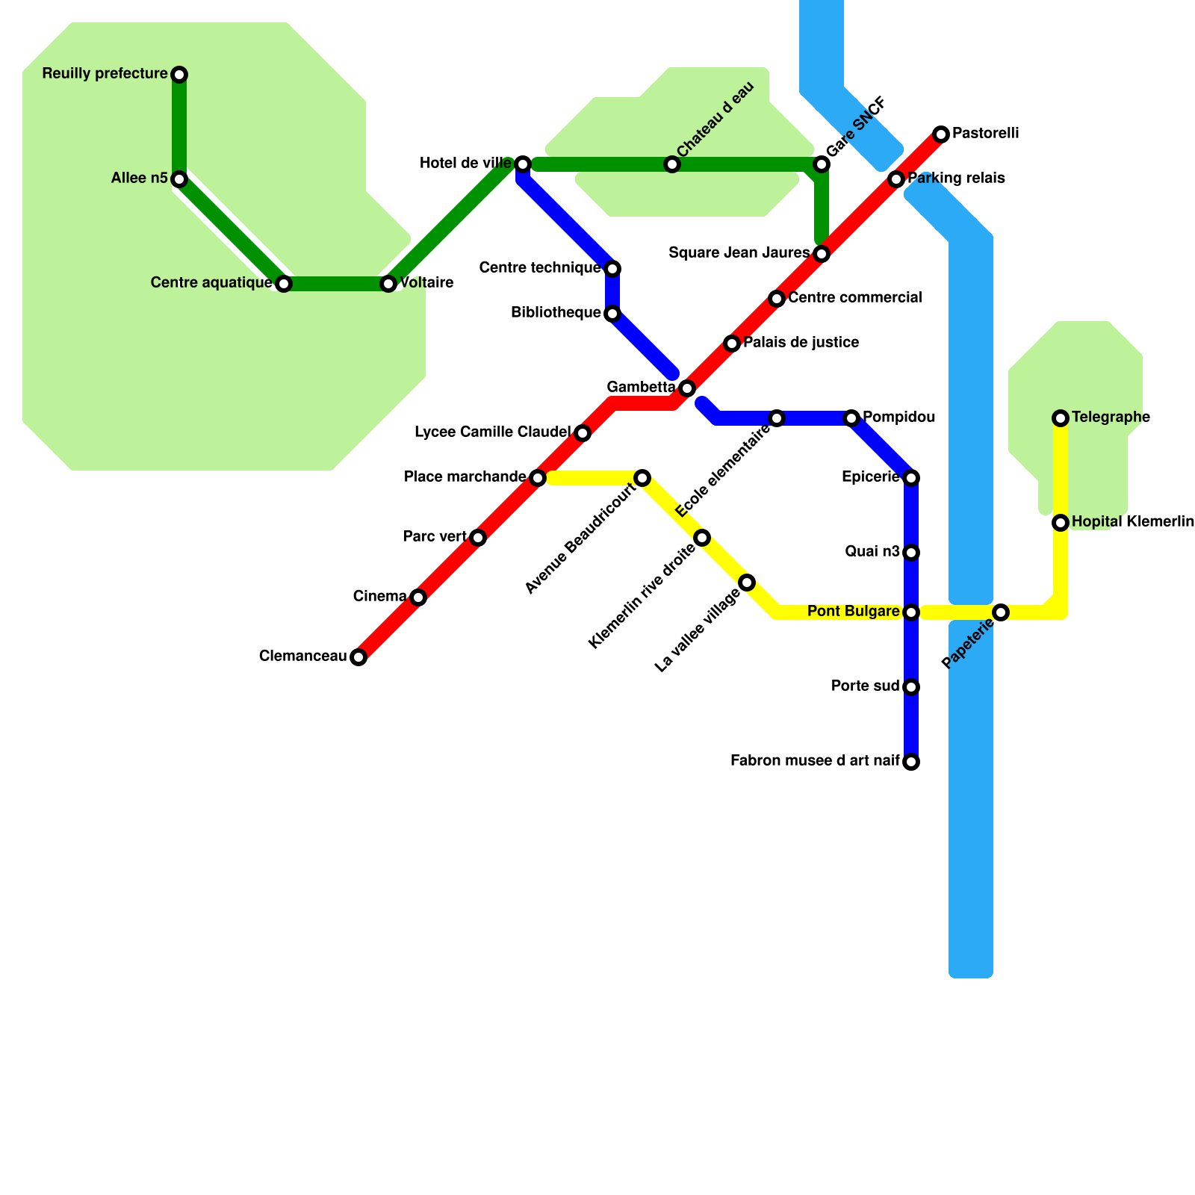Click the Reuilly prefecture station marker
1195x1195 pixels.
tap(179, 75)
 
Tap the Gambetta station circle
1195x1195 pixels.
tap(687, 388)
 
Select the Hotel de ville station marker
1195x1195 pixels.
tap(523, 164)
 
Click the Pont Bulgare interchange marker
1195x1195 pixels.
tap(911, 612)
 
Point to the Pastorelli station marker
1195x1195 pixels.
tap(941, 134)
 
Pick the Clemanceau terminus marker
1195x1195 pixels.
tap(358, 657)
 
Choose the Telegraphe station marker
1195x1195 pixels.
tap(1061, 418)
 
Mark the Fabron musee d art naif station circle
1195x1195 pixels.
tap(911, 762)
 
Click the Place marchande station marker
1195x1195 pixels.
tap(538, 478)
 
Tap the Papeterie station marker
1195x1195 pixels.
tap(1001, 612)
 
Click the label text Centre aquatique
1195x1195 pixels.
tap(211, 283)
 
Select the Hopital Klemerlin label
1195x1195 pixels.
tap(1132, 522)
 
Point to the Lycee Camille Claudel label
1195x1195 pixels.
tap(492, 432)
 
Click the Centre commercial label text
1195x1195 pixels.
tap(854, 298)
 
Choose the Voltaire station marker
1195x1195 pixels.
tap(388, 284)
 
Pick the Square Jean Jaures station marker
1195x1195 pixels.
tap(822, 254)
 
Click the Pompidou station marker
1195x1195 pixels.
tap(851, 418)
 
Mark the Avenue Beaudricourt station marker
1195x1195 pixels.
tap(642, 478)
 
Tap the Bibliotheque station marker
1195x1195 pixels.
tap(612, 314)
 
